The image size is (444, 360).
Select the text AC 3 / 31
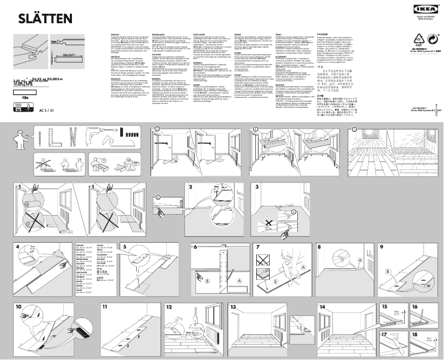pyautogui.click(x=47, y=110)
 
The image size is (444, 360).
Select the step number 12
pyautogui.click(x=169, y=306)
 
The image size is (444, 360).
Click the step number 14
pyautogui.click(x=322, y=306)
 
